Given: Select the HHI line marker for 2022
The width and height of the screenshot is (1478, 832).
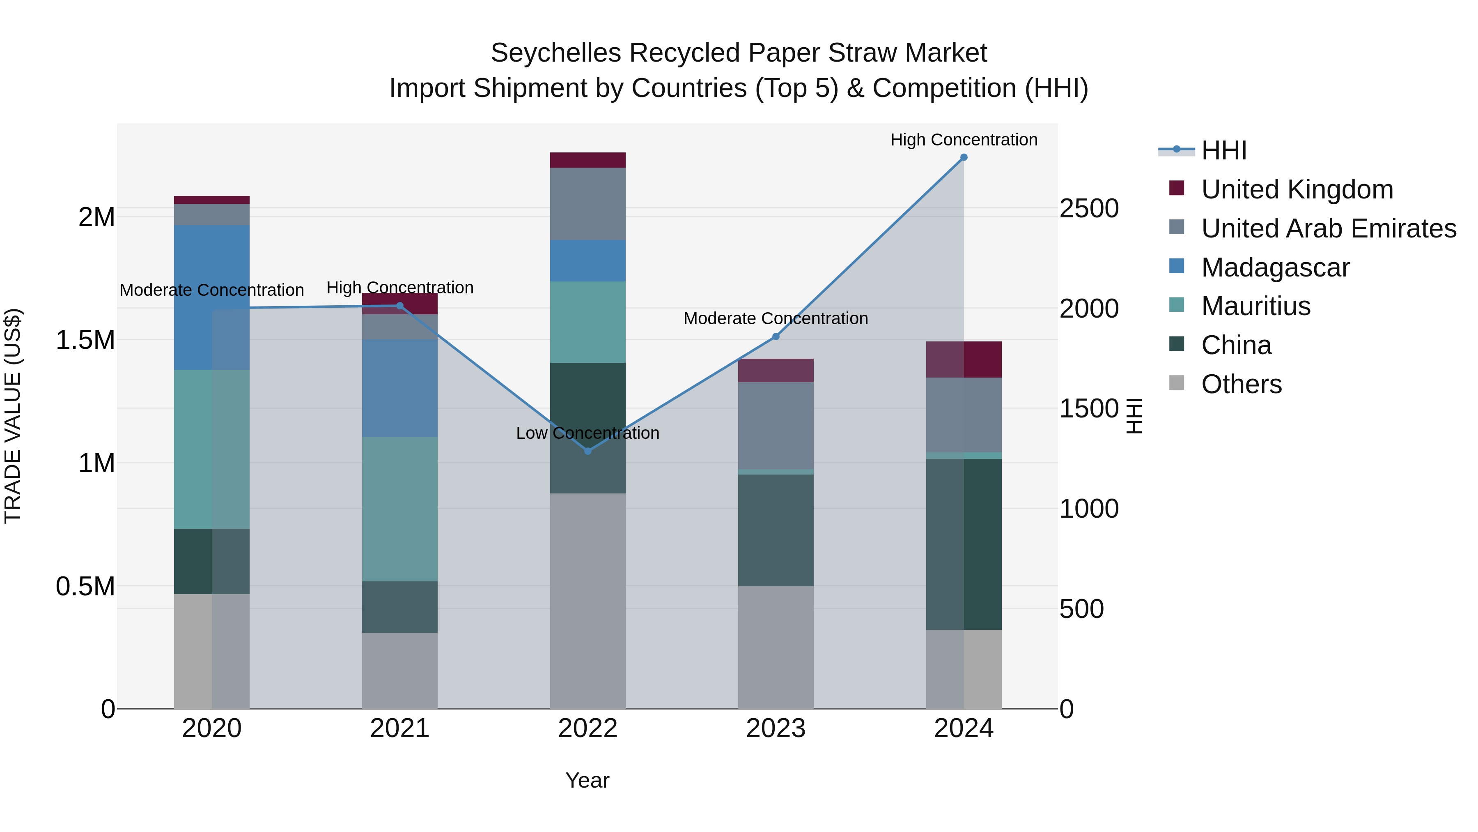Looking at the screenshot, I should tap(588, 451).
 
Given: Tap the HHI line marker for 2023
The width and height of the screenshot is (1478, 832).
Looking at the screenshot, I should tap(776, 336).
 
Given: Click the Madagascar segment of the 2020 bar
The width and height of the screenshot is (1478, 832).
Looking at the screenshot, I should tap(212, 297).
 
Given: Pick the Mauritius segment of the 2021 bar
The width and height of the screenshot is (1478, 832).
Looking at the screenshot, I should tap(399, 509).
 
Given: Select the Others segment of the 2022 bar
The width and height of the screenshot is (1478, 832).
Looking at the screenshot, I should tap(588, 601).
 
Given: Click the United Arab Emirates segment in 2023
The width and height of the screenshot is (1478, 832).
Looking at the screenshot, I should tap(776, 426).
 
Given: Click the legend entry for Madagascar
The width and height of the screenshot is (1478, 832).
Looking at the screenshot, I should tap(1275, 267).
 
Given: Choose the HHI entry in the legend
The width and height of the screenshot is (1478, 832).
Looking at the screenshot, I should tap(1223, 150).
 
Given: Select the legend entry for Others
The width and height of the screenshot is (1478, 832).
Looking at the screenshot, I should tap(1241, 384).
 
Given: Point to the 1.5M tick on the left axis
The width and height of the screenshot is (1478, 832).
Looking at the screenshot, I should tap(85, 340).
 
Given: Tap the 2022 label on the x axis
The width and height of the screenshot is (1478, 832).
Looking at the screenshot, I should tap(588, 728).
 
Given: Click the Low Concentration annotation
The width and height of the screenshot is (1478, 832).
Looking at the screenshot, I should tap(588, 433).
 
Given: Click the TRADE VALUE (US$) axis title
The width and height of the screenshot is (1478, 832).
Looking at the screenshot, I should tap(13, 416).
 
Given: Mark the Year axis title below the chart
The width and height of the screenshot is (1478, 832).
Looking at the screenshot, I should tap(587, 780).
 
